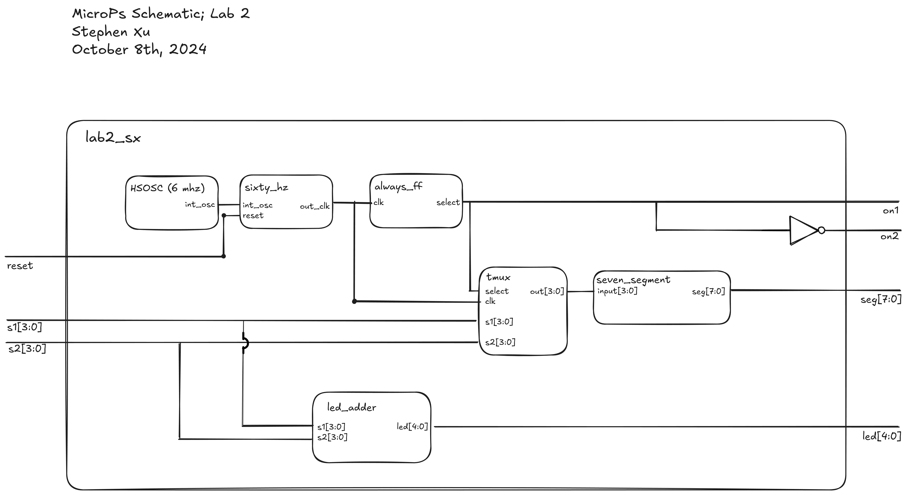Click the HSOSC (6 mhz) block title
tap(167, 188)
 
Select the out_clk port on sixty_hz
tap(314, 206)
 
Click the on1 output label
tap(890, 211)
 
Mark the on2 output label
tap(889, 236)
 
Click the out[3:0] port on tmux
tap(547, 291)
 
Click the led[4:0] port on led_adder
tap(412, 426)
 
